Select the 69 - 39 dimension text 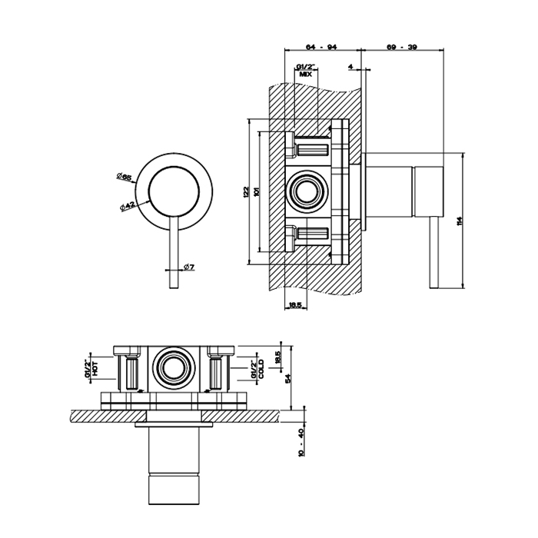(403, 48)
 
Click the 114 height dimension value (460, 221)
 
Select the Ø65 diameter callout (125, 177)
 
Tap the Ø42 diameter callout (128, 205)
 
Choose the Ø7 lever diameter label (188, 267)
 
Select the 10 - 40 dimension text (301, 443)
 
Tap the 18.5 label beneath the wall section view (295, 306)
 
